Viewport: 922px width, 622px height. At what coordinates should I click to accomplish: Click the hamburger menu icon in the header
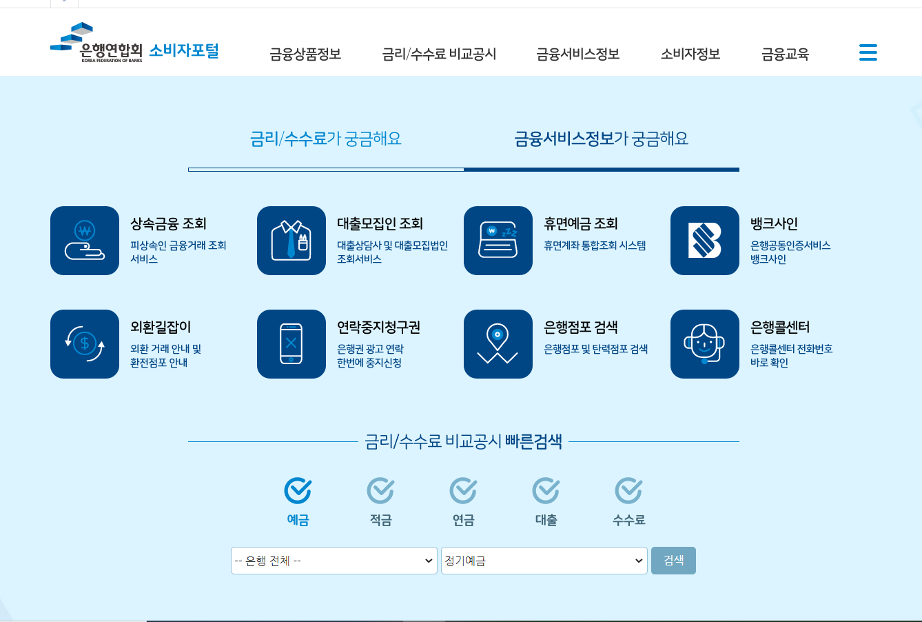coord(868,52)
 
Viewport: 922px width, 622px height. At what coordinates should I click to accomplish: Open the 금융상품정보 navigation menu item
coord(305,54)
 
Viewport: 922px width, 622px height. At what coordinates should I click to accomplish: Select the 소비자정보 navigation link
coord(690,54)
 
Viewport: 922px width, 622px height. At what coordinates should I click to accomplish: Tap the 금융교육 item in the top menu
coord(785,54)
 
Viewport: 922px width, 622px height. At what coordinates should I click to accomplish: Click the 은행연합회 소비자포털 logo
coord(135,44)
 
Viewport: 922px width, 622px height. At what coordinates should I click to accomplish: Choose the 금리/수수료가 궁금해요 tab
coord(325,139)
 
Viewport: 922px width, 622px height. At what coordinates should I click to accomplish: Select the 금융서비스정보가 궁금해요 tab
coord(601,139)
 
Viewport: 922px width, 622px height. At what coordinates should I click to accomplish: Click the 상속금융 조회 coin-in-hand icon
coord(85,241)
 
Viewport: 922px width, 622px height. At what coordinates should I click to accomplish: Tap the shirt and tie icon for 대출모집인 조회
coord(291,241)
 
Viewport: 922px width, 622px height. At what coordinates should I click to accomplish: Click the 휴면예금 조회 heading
coord(580,223)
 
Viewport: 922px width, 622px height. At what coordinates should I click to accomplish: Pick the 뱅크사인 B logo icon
coord(705,241)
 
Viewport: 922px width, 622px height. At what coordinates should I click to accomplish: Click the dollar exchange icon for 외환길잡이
coord(85,344)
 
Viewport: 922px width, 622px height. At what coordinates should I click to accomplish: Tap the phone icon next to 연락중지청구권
coord(291,344)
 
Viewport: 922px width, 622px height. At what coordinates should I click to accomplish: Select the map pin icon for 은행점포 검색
coord(498,344)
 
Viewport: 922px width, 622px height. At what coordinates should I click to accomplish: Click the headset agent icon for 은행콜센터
coord(705,344)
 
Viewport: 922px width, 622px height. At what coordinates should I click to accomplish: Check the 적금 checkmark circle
coord(380,491)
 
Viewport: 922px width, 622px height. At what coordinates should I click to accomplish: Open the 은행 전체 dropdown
coord(334,561)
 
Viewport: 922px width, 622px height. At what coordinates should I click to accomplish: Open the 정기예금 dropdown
coord(544,561)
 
